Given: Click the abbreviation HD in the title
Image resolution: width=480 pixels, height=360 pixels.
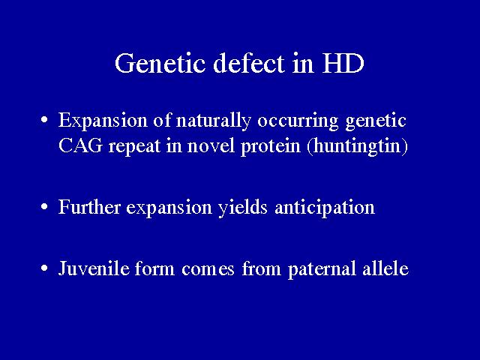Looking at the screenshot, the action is [x=343, y=63].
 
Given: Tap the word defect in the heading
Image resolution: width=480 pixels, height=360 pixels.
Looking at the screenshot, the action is [x=249, y=63].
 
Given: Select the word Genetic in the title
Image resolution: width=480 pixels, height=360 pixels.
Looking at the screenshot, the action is [x=160, y=63].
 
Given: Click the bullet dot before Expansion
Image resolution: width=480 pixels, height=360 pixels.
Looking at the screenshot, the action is [x=44, y=120].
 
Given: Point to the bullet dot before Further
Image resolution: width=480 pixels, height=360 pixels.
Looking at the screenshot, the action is [x=44, y=207].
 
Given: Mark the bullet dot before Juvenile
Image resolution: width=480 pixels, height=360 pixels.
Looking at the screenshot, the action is [x=44, y=268].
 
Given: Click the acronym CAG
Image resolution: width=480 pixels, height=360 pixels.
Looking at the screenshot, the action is [x=80, y=145].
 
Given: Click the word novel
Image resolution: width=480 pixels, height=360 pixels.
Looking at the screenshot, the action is [x=211, y=145].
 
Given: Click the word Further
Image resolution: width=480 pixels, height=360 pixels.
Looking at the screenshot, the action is [x=89, y=207].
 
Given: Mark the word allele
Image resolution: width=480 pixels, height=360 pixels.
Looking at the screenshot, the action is [x=385, y=268].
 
